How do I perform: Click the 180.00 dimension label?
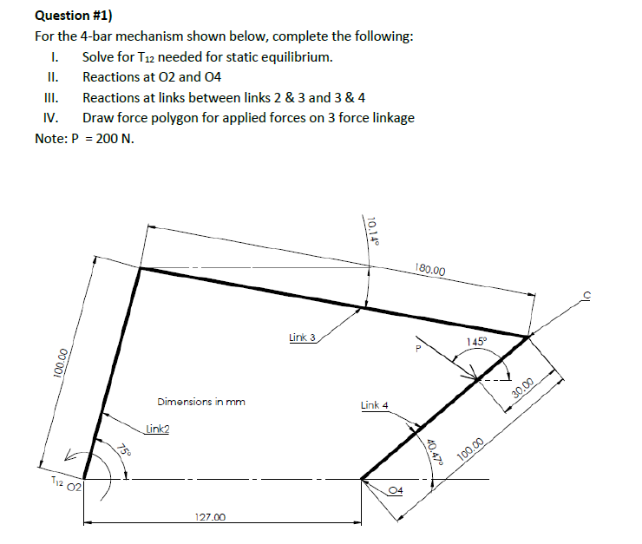(x=431, y=271)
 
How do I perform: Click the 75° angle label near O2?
(x=124, y=452)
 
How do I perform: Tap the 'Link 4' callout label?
(x=374, y=405)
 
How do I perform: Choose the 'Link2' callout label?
(x=157, y=428)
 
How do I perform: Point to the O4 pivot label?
(x=396, y=490)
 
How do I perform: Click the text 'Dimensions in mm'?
(x=201, y=402)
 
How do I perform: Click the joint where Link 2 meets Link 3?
(x=140, y=268)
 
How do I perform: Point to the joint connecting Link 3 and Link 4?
(x=527, y=336)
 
